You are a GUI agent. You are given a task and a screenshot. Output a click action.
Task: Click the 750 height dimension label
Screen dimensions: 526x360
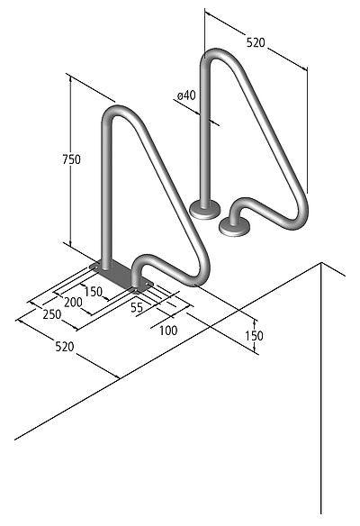tap(71, 159)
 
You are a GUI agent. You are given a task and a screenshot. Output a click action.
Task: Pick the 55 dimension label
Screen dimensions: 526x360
tap(137, 307)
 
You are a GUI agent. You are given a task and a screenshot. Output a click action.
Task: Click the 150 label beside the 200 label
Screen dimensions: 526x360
tap(92, 291)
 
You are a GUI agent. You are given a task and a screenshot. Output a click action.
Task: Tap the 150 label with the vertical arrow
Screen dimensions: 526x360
tap(256, 335)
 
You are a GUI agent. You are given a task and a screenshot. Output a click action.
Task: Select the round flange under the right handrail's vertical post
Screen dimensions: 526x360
tap(204, 209)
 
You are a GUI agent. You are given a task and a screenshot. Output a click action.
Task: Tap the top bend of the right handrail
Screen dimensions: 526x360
tap(219, 53)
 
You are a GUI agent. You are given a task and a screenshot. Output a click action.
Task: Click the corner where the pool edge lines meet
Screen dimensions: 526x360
tap(322, 263)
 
